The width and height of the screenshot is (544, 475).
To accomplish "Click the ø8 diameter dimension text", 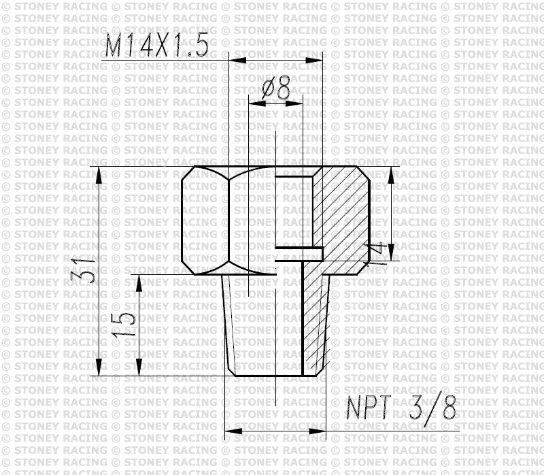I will [x=275, y=88].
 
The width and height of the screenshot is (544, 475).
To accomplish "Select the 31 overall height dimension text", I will [x=81, y=271].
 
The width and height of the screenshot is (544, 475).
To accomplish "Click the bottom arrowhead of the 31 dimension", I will [x=100, y=367].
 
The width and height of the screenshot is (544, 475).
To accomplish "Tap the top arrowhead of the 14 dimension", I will [x=391, y=175].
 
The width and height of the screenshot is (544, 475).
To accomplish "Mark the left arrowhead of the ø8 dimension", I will [x=256, y=103].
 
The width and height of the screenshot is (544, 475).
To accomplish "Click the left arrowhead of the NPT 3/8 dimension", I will [x=232, y=430].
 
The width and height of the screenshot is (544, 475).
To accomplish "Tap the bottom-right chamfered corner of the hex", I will [x=364, y=268].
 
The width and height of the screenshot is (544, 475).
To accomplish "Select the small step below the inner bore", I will [x=299, y=254].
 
